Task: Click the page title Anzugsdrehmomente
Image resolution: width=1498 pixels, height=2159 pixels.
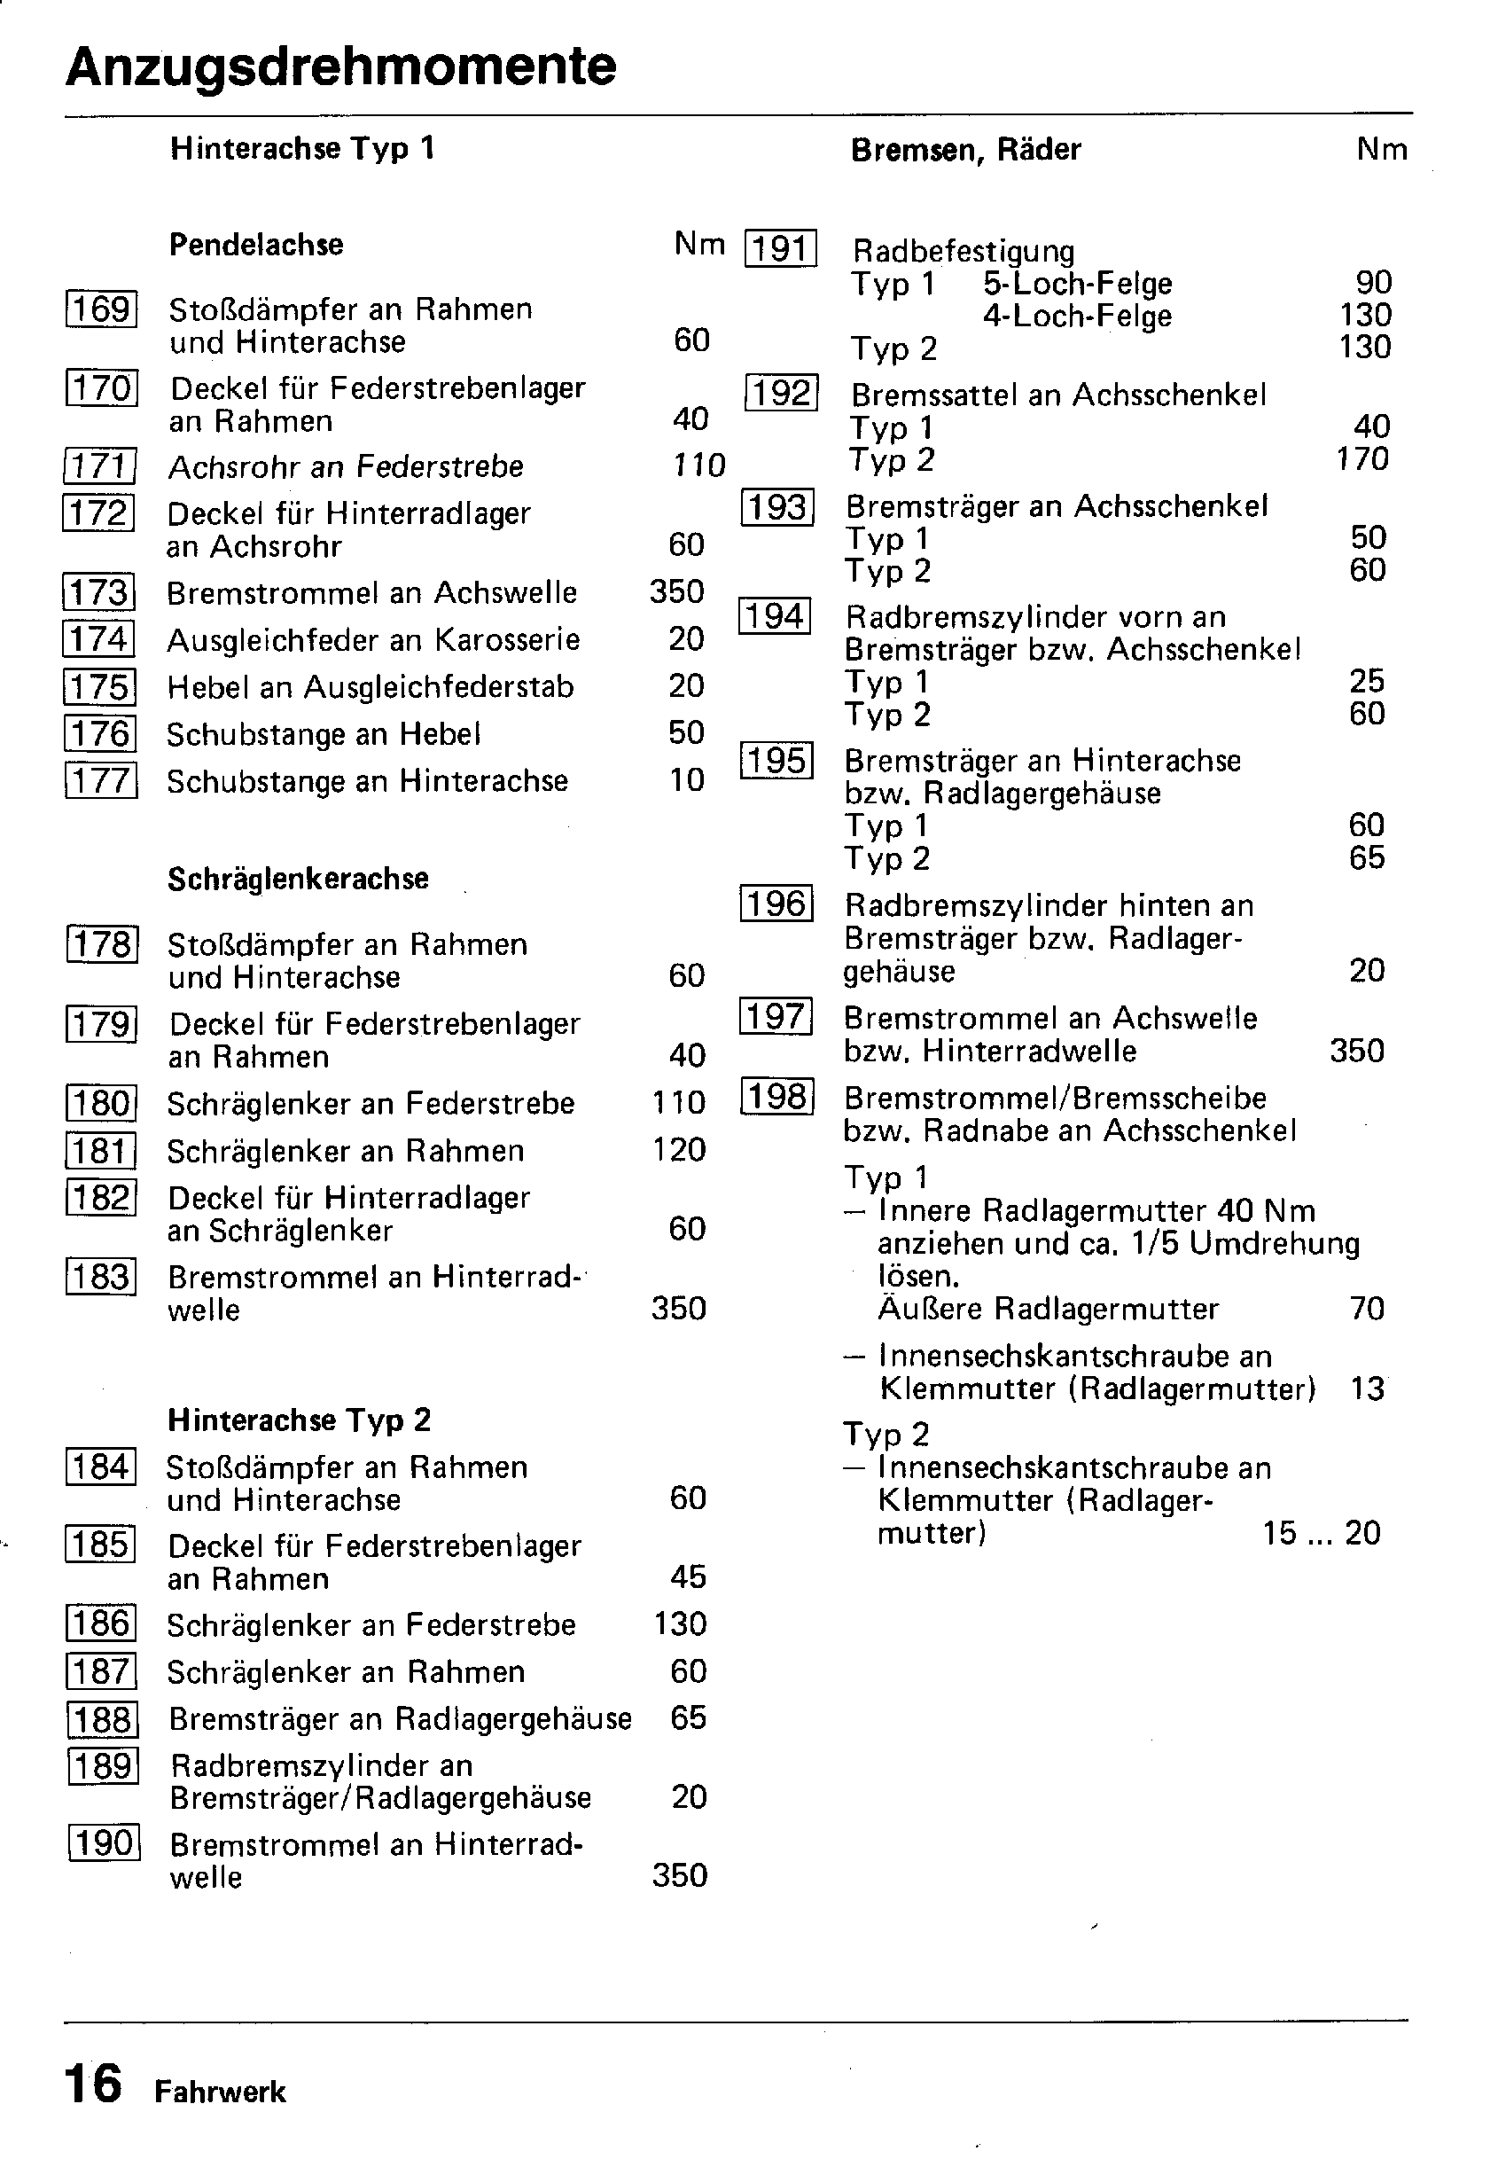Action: click(340, 67)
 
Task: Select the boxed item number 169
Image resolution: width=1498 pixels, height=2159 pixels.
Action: click(101, 309)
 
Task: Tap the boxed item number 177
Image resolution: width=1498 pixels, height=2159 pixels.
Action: click(101, 780)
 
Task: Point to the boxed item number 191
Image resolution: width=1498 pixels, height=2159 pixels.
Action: click(781, 249)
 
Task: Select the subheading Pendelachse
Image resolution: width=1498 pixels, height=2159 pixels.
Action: click(256, 245)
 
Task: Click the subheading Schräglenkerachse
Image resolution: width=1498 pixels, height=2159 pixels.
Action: click(298, 879)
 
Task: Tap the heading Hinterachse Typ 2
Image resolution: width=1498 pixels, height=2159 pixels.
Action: click(300, 1420)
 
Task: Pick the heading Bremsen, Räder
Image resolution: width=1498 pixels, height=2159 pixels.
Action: click(966, 150)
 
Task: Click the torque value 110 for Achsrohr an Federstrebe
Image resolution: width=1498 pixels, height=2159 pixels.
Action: click(699, 465)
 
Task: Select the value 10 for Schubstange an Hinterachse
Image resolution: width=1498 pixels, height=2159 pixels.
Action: click(687, 780)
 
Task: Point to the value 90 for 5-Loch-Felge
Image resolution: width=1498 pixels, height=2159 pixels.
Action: click(1374, 283)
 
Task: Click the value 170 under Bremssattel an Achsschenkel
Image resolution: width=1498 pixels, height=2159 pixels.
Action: click(1361, 459)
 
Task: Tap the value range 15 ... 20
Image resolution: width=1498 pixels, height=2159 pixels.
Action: click(1322, 1534)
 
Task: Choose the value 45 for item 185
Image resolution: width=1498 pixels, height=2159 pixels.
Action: click(688, 1577)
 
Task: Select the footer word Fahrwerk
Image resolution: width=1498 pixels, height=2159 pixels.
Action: click(221, 2093)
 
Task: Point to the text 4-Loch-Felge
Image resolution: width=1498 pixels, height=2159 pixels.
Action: click(1078, 317)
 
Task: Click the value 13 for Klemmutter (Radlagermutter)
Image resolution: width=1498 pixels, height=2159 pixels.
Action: click(1368, 1388)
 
